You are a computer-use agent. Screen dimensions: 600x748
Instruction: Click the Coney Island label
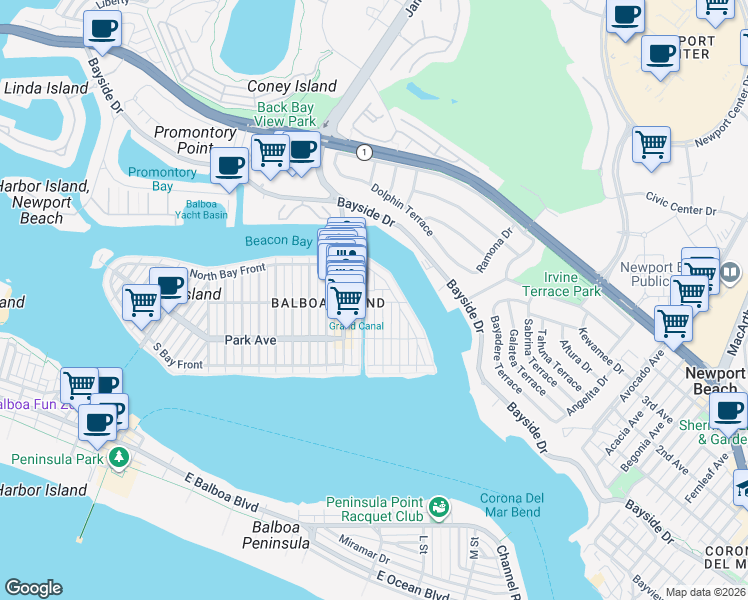click(x=291, y=87)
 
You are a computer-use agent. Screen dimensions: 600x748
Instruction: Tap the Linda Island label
click(x=47, y=89)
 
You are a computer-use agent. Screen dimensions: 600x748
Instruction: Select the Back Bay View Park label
click(x=286, y=114)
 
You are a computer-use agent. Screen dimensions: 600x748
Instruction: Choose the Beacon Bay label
click(x=279, y=241)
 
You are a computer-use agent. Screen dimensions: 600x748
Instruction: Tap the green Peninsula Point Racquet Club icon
click(x=438, y=510)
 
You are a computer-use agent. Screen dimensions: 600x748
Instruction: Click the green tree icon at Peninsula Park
click(x=120, y=458)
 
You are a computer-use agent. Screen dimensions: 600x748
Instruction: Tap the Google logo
click(x=33, y=588)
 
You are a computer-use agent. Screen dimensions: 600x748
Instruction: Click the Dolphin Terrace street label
click(x=402, y=208)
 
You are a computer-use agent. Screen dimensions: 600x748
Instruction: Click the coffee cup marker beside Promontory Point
click(x=230, y=165)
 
